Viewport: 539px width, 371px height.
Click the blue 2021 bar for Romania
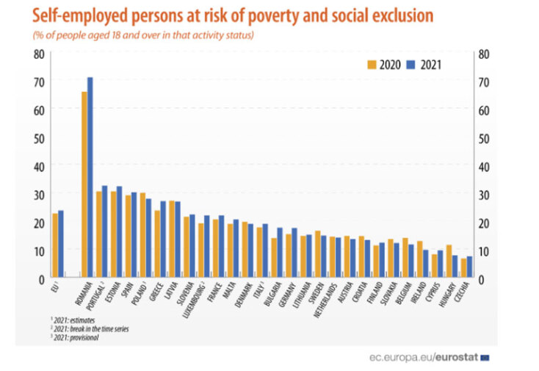click(90, 176)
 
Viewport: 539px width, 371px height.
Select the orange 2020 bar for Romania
click(84, 184)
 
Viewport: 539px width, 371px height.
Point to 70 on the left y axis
click(39, 82)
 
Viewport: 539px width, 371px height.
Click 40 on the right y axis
click(482, 166)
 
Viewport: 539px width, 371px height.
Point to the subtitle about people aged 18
click(143, 35)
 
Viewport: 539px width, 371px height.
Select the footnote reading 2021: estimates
click(73, 320)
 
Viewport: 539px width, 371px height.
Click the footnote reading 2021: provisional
click(74, 337)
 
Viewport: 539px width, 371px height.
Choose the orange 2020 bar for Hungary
click(449, 261)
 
